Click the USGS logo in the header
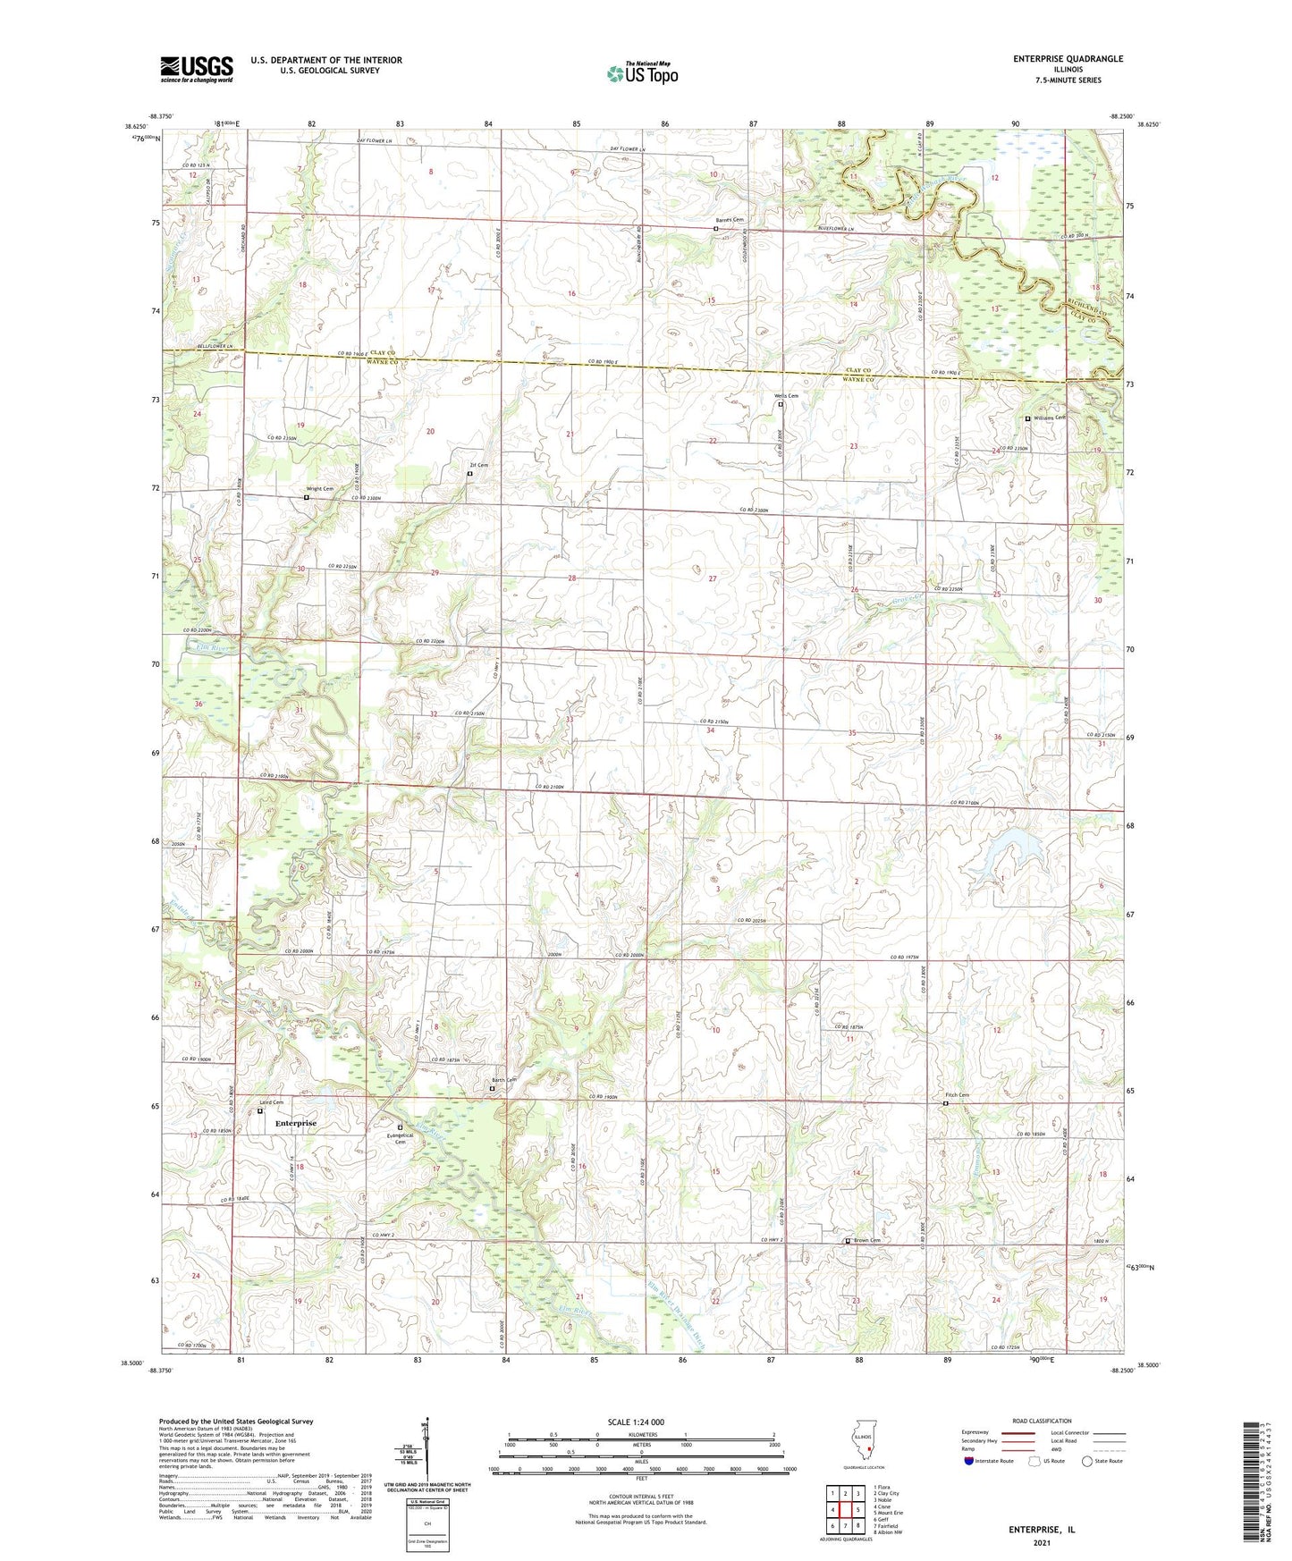pyautogui.click(x=197, y=69)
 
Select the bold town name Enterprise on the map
pyautogui.click(x=295, y=1123)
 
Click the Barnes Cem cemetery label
pyautogui.click(x=729, y=220)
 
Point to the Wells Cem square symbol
pyautogui.click(x=780, y=404)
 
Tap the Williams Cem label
pyautogui.click(x=1050, y=418)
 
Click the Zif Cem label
pyautogui.click(x=479, y=465)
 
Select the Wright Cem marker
pyautogui.click(x=306, y=497)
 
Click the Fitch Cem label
pyautogui.click(x=957, y=1094)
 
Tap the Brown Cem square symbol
pyautogui.click(x=848, y=1241)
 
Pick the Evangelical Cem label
pyautogui.click(x=400, y=1137)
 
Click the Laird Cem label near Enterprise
pyautogui.click(x=271, y=1102)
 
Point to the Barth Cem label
pyautogui.click(x=504, y=1080)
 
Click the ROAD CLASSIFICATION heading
pyautogui.click(x=1042, y=1421)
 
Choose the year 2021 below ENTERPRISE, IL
pyautogui.click(x=1041, y=1542)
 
